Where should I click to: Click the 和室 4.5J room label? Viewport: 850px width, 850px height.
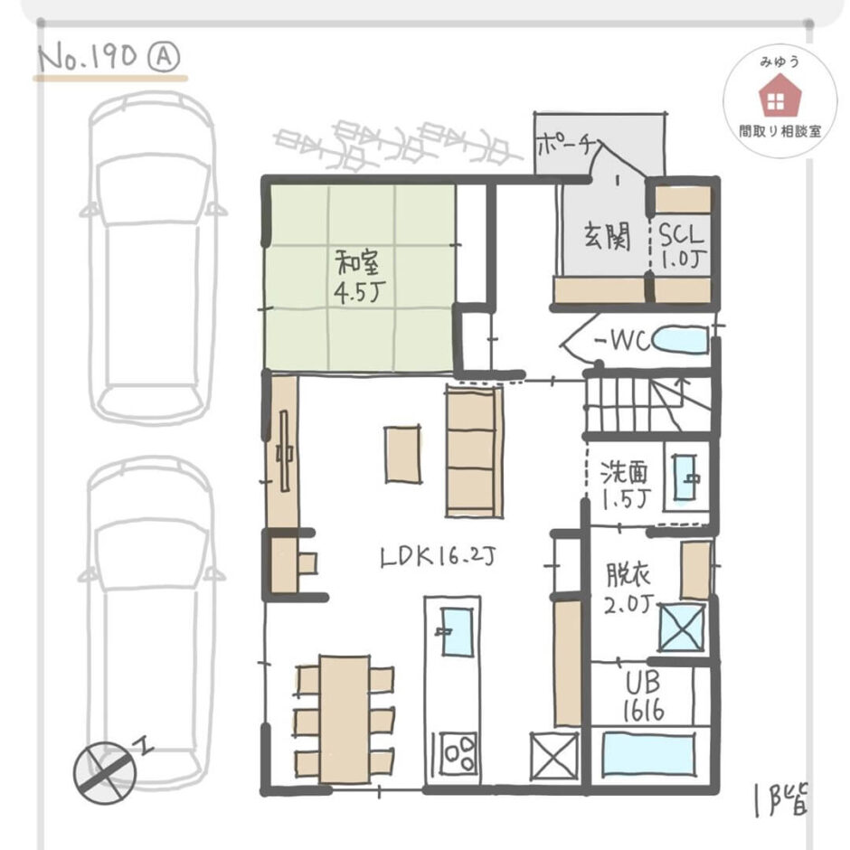click(x=359, y=279)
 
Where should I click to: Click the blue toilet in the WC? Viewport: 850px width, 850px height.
click(x=681, y=342)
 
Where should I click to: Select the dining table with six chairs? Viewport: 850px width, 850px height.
click(x=345, y=718)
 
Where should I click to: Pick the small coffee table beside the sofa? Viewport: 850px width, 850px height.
click(x=402, y=454)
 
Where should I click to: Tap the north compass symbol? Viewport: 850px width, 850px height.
click(x=105, y=770)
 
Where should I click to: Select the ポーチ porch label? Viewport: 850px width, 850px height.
click(x=564, y=146)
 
